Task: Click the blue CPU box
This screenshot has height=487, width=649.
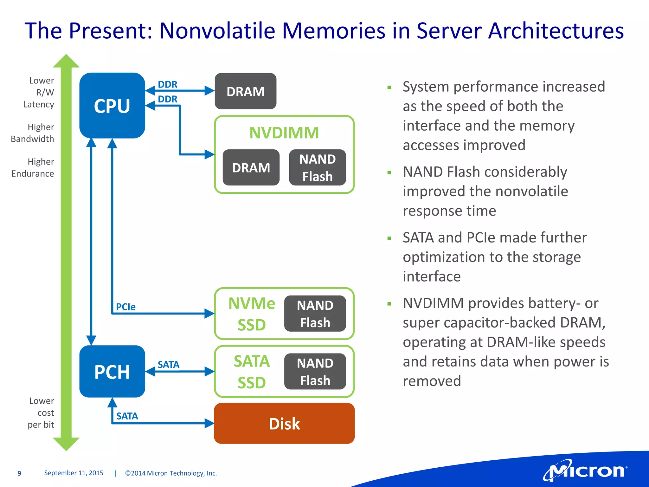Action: tap(112, 106)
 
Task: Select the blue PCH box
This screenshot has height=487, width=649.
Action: tap(112, 372)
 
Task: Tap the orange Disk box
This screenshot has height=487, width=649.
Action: tap(284, 424)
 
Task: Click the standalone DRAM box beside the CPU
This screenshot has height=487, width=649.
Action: tap(246, 92)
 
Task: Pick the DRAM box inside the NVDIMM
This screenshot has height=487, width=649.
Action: tap(251, 168)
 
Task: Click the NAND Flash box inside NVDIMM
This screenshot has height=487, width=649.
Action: tap(318, 168)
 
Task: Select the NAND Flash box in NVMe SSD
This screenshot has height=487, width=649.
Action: tap(315, 314)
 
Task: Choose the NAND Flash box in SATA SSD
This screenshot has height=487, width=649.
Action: tap(315, 372)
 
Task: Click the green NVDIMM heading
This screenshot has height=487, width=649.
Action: tap(284, 133)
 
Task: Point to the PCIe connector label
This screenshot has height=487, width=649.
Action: tap(126, 307)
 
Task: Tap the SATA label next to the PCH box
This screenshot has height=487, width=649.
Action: tap(168, 365)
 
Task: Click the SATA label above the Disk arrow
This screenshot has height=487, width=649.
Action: tap(127, 416)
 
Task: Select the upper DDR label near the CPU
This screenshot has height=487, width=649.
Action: tap(168, 84)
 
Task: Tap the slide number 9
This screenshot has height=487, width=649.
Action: tap(19, 473)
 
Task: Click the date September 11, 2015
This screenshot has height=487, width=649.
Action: tap(74, 473)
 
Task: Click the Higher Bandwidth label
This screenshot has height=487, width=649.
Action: tap(33, 133)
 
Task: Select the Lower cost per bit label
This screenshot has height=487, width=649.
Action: tap(41, 413)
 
